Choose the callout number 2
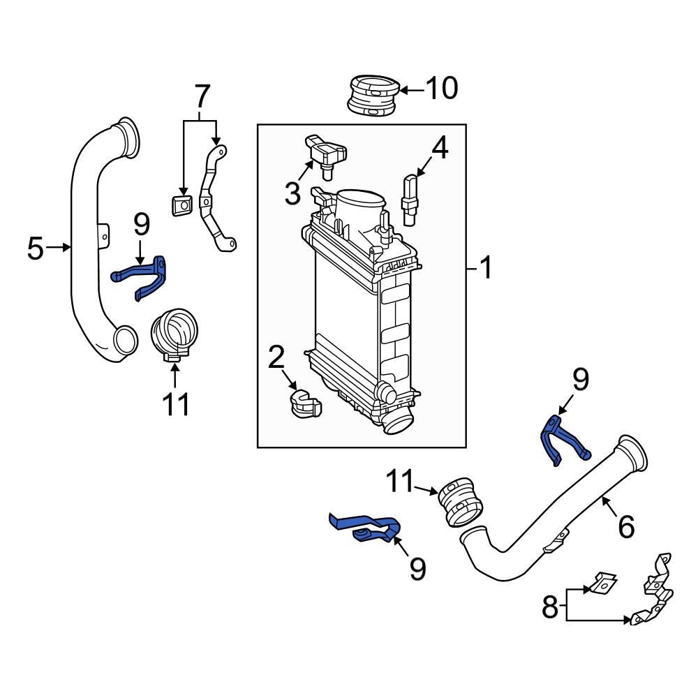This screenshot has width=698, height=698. (276, 357)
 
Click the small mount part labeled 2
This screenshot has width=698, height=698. (304, 404)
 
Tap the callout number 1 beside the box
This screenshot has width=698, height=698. (484, 267)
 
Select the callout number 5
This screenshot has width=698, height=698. (36, 248)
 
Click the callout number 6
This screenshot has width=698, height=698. (625, 526)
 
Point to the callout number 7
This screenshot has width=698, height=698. (201, 95)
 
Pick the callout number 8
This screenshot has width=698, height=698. (550, 607)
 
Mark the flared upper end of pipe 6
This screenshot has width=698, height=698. (632, 454)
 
